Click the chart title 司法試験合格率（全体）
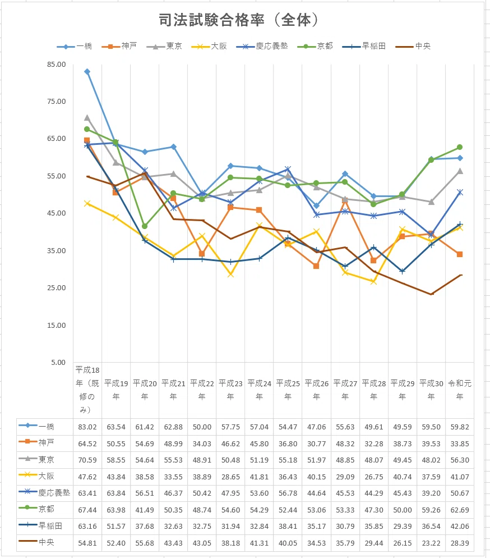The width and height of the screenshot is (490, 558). coord(238,20)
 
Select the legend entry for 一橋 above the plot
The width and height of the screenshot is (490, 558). coord(74,46)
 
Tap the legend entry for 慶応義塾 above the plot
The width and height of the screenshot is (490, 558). coord(262,46)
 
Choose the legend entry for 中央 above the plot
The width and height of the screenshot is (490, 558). coord(413,46)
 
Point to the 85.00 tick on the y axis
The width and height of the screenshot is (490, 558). coord(57,65)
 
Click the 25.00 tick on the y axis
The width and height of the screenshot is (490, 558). coord(57,288)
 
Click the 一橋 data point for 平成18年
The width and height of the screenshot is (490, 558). coord(87,71)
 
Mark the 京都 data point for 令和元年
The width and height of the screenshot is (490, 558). coord(459,147)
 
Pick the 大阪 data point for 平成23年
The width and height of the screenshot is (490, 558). coord(230,275)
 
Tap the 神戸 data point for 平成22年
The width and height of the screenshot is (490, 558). coord(202,254)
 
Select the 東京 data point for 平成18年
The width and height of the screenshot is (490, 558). coord(87,118)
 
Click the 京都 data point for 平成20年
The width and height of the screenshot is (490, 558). coord(145,226)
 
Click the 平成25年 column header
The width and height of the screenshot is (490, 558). coord(288,390)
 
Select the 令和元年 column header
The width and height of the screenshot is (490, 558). coord(459,390)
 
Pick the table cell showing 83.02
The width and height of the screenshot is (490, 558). coord(87,427)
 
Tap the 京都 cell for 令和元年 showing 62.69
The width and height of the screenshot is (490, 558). coord(459,510)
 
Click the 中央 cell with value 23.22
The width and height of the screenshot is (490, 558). coord(431,543)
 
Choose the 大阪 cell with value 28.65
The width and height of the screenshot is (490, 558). coord(230,477)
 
